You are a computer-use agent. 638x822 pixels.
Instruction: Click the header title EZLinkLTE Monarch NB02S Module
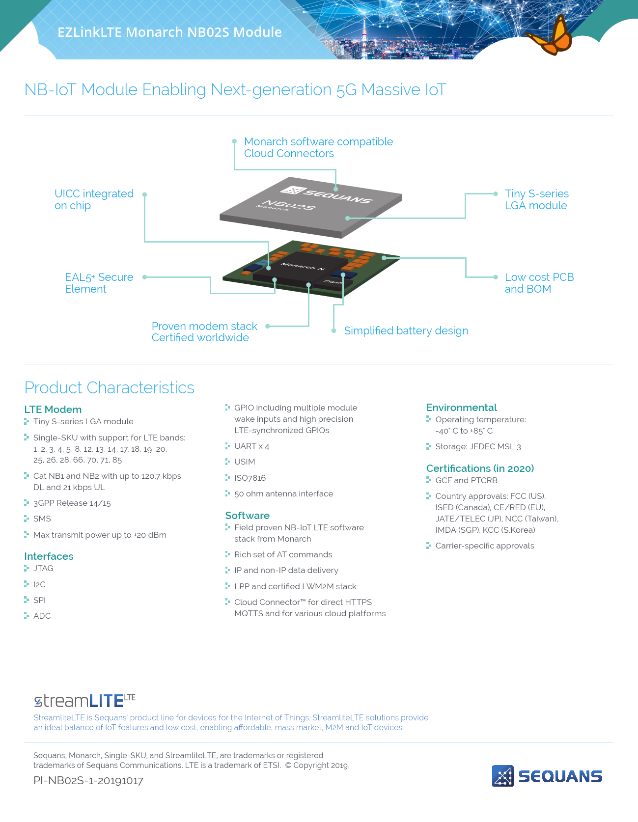point(169,32)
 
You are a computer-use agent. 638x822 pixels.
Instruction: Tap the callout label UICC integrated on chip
point(93,199)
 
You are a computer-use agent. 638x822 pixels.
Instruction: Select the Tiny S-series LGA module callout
point(536,199)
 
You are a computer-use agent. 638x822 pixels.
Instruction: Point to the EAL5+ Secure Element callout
point(99,283)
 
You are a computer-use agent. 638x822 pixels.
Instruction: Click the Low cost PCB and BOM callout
point(539,283)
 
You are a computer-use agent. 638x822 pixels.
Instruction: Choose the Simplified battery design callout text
point(406,330)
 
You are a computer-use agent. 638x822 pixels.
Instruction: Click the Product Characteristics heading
point(110,387)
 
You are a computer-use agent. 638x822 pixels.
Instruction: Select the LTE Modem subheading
point(53,410)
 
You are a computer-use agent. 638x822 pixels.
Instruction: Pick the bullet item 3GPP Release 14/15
point(72,503)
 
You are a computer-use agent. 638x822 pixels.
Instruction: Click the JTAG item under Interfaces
point(43,568)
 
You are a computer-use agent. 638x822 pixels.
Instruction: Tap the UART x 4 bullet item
point(251,446)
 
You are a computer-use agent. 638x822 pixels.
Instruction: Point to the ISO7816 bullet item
point(250,478)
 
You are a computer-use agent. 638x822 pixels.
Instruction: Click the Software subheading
point(247,516)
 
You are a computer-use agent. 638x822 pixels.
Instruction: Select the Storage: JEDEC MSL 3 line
point(477,446)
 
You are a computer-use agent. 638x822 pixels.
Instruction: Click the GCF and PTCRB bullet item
point(466,480)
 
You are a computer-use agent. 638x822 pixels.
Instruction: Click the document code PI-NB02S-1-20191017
point(88,781)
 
